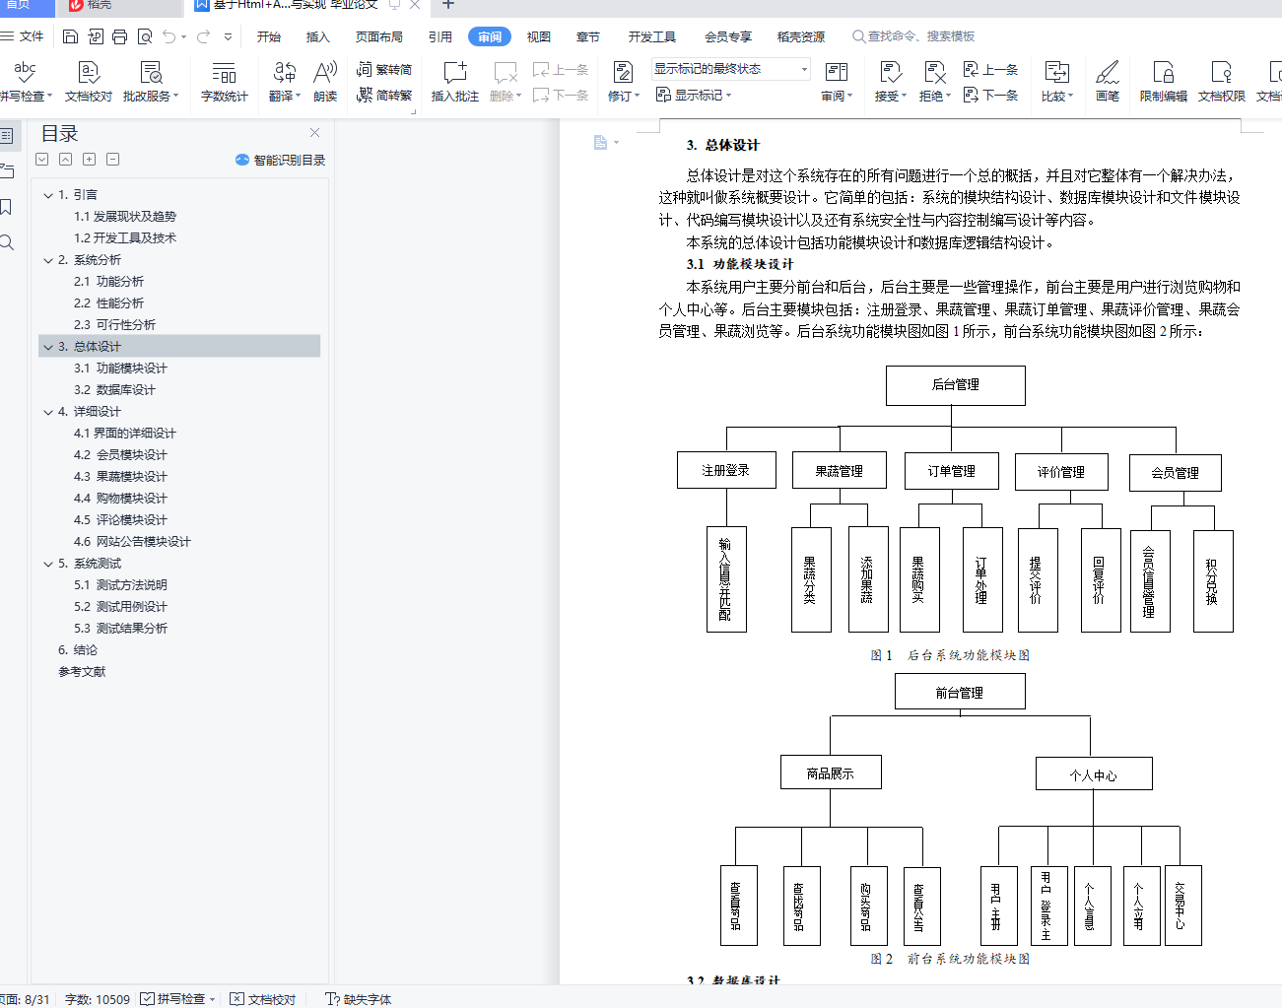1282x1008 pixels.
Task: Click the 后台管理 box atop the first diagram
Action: (955, 385)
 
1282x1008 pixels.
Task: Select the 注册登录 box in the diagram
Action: (726, 471)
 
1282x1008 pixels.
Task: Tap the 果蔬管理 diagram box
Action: (839, 471)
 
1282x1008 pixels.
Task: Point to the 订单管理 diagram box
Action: (951, 471)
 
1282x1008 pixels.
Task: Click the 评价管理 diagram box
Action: (1060, 472)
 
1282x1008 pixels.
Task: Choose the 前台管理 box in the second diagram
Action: (959, 692)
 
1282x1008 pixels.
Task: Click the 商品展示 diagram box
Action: (830, 773)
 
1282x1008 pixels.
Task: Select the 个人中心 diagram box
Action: (1093, 774)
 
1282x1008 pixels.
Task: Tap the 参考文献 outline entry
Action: (82, 672)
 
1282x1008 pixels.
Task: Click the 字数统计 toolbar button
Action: (225, 81)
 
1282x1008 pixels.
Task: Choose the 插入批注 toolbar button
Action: (454, 81)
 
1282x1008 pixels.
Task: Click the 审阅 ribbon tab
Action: (490, 37)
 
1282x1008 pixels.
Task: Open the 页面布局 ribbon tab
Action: (378, 37)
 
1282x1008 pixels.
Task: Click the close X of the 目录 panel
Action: (314, 133)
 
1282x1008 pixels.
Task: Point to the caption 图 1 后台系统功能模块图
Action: (950, 655)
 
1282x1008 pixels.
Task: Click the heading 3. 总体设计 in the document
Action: (723, 145)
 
